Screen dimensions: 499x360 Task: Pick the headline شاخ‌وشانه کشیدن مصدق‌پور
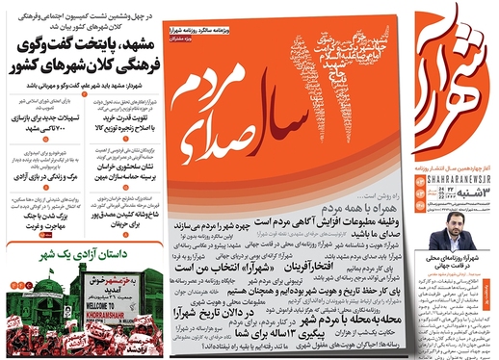coord(119,220)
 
